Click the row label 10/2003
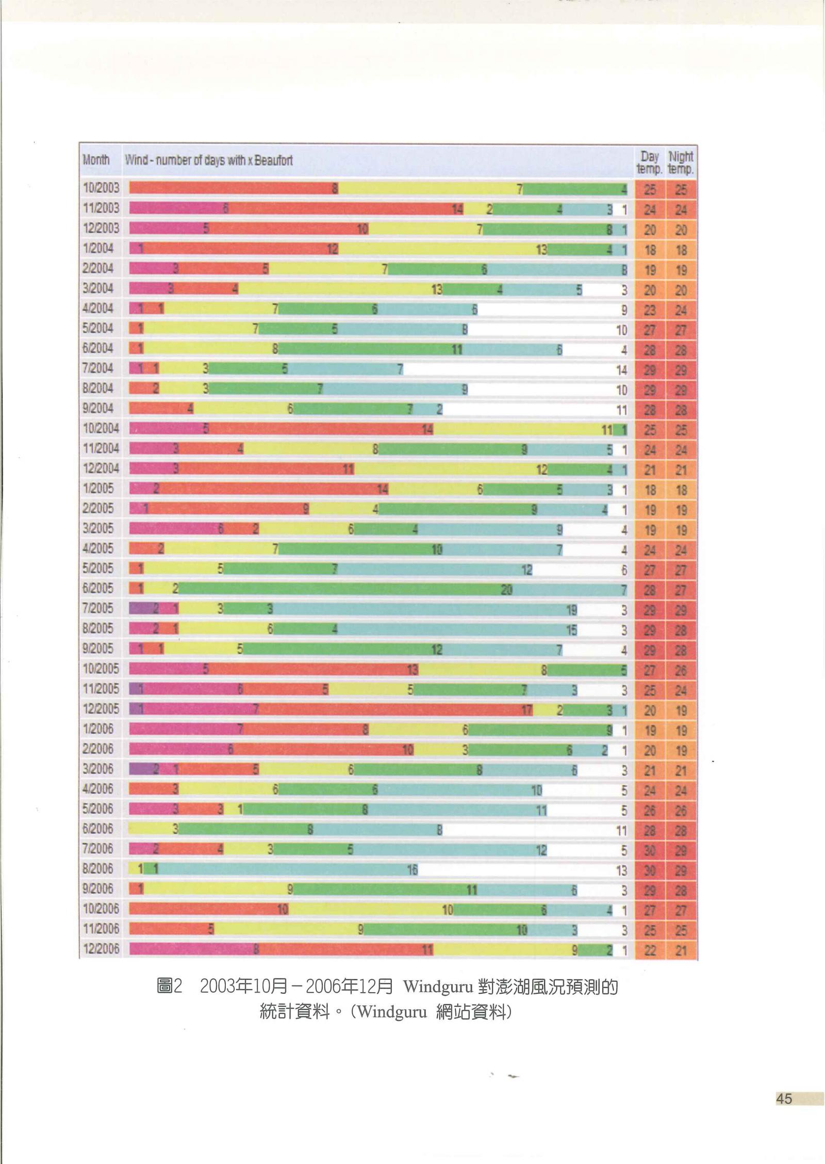tap(101, 188)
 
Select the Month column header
tap(96, 159)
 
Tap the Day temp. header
tap(650, 162)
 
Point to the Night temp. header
tap(681, 162)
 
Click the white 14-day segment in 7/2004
tap(516, 369)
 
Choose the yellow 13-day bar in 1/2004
tap(443, 249)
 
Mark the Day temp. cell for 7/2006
tap(650, 850)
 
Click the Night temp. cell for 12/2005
tap(681, 710)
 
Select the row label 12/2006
tap(101, 948)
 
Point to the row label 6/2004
tap(98, 348)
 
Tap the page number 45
tap(784, 1098)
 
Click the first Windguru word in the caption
tap(438, 987)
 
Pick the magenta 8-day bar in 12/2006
tap(194, 949)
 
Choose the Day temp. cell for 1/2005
tap(650, 490)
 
